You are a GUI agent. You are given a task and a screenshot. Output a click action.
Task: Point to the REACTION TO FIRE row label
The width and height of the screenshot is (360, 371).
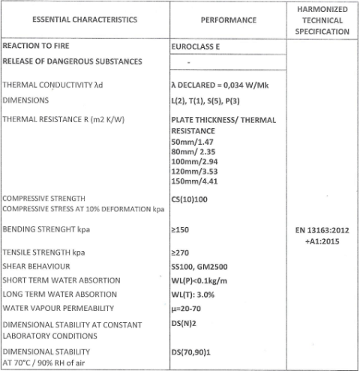click(x=37, y=46)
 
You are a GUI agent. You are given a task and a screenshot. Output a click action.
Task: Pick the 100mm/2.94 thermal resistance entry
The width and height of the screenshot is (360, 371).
click(x=195, y=161)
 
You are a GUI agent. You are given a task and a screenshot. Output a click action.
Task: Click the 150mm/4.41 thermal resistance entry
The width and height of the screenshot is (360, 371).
click(x=195, y=181)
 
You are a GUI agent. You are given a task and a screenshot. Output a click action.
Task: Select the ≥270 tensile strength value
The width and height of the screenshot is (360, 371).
click(x=181, y=253)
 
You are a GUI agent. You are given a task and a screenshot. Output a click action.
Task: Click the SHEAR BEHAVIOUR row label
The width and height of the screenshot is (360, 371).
click(x=37, y=266)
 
